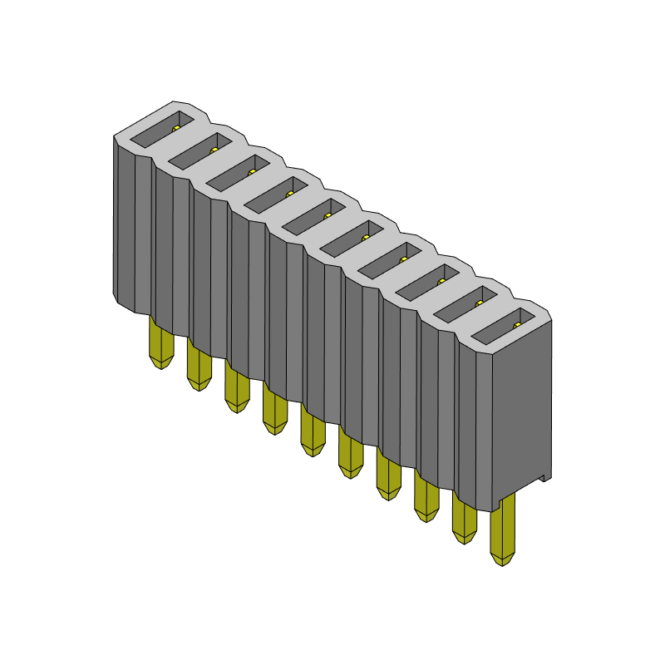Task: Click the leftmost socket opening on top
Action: tap(163, 127)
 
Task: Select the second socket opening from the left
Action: tap(201, 149)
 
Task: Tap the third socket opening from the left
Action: tap(239, 170)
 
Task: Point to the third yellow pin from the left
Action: tap(236, 389)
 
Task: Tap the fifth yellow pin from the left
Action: tap(312, 433)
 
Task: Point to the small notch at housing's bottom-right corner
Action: tap(544, 478)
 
